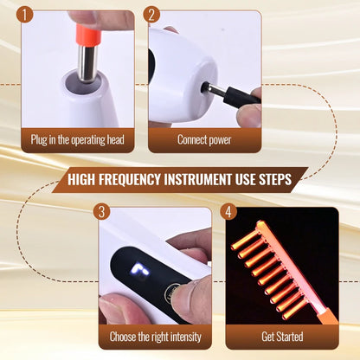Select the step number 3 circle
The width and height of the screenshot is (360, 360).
pyautogui.click(x=102, y=211)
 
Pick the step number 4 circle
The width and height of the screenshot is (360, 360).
pyautogui.click(x=228, y=211)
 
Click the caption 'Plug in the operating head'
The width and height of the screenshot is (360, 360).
pyautogui.click(x=82, y=138)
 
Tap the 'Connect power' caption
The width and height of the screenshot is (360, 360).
pyautogui.click(x=203, y=138)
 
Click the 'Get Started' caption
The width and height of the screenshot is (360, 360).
pyautogui.click(x=282, y=336)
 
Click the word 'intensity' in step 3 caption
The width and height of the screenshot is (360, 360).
pyautogui.click(x=180, y=336)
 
